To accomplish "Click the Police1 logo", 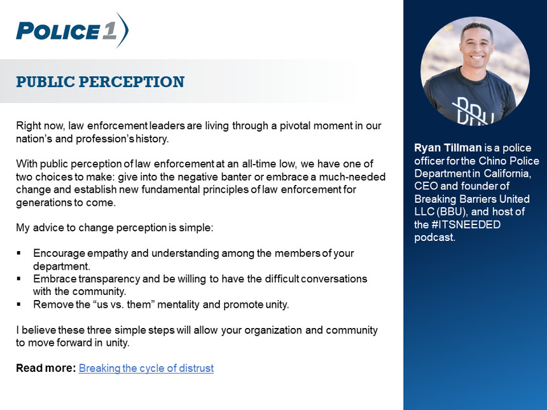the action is (73, 31).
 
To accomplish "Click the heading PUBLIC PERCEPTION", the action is (100, 81).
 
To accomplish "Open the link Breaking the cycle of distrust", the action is (146, 368).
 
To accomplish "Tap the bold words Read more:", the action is (46, 368).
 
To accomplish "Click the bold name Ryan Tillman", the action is (448, 148).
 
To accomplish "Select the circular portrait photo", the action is (475, 71).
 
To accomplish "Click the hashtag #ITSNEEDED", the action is (466, 224).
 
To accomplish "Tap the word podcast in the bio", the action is (434, 238).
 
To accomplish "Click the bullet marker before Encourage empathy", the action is (19, 253).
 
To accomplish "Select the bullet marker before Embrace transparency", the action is (19, 279).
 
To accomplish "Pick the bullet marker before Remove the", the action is (19, 304).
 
